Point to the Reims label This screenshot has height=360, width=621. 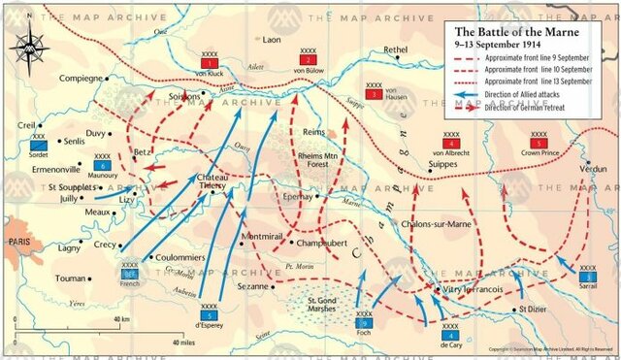tap(314, 131)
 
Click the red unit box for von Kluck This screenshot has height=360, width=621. tap(208, 60)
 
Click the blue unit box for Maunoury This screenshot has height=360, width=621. tap(100, 165)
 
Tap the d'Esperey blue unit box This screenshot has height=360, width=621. tap(209, 315)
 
